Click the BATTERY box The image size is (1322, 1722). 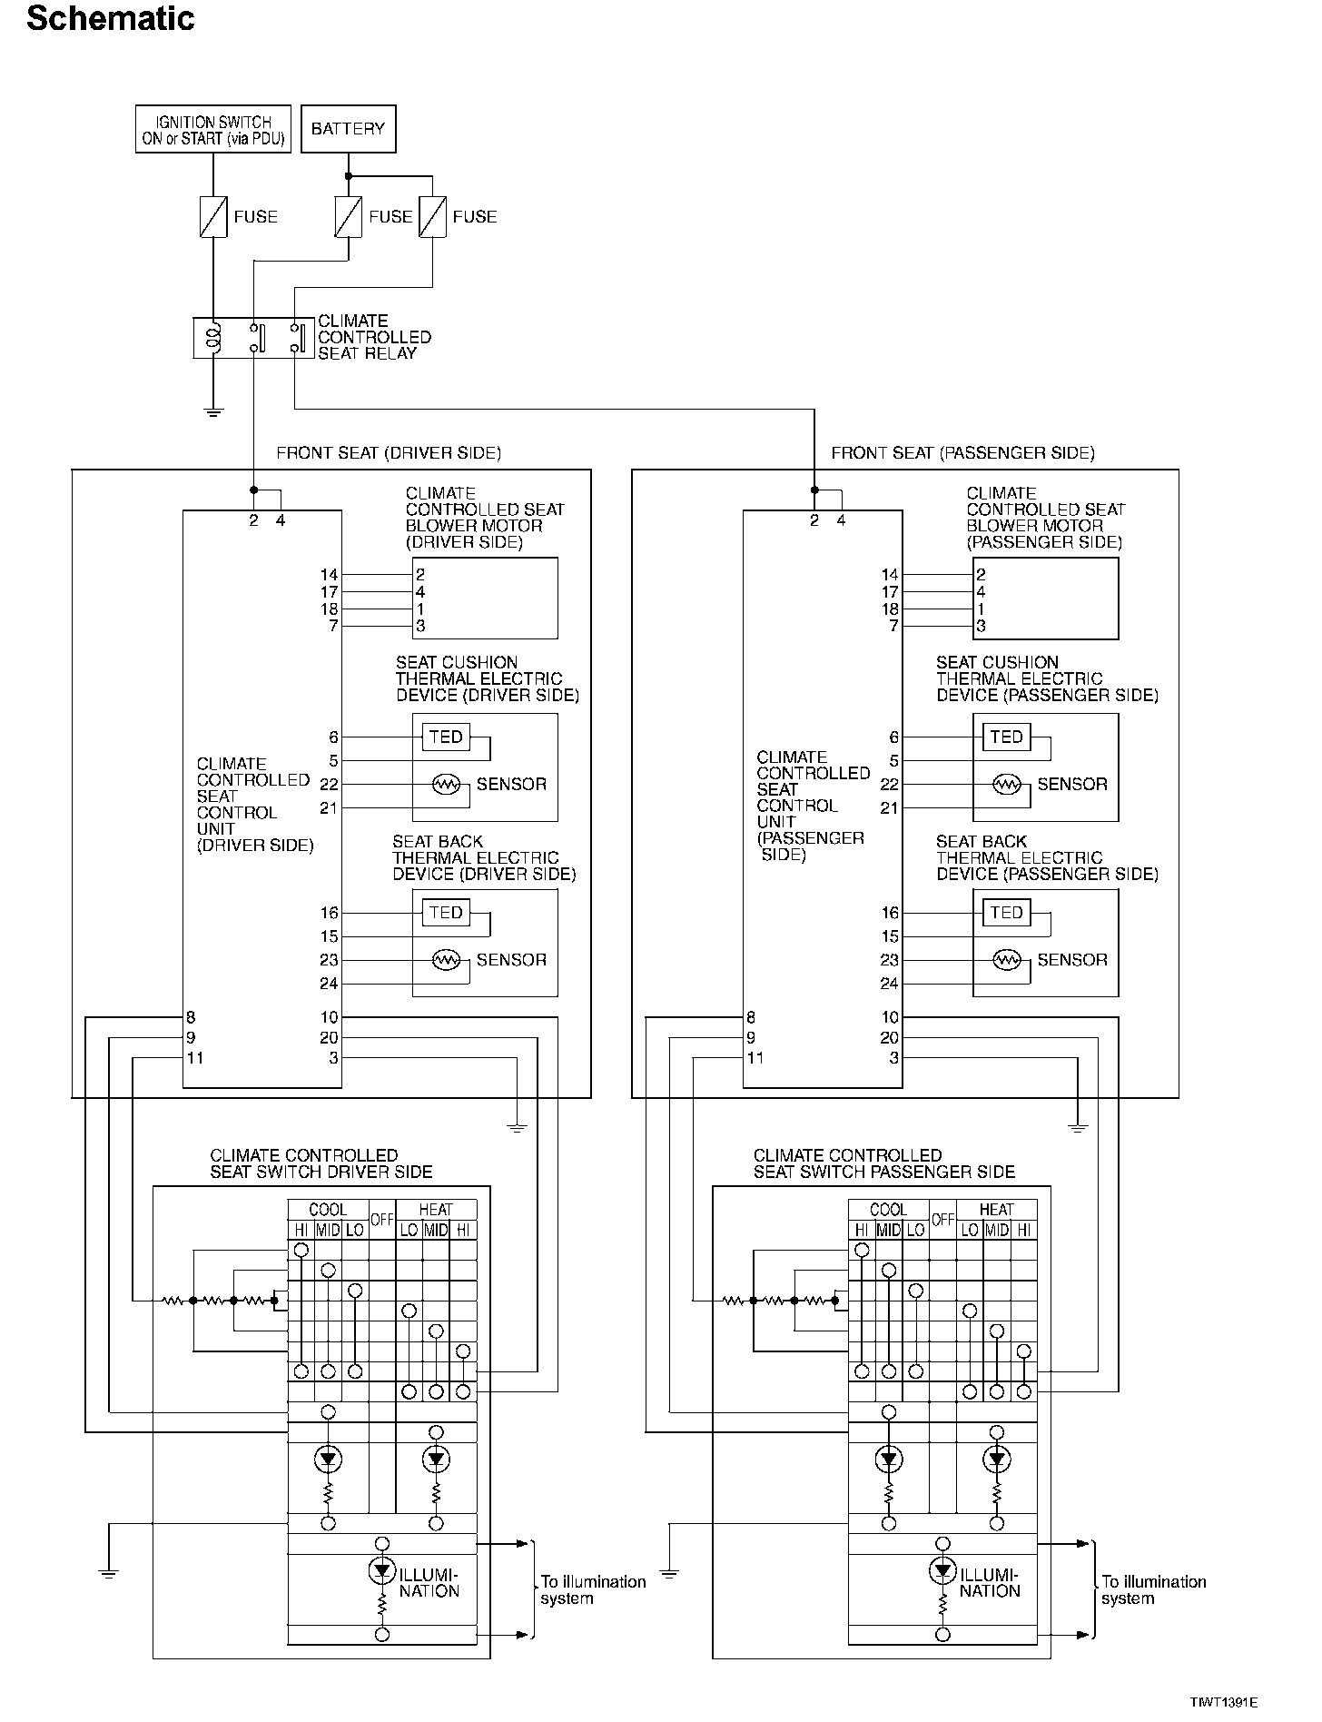tap(348, 128)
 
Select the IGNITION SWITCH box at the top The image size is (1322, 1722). tap(213, 129)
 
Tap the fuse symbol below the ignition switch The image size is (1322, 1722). tap(213, 217)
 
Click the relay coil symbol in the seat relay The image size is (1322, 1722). tap(213, 337)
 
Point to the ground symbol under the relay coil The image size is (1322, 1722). tap(213, 412)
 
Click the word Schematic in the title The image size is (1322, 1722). tap(111, 18)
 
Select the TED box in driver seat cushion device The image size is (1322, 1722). tap(446, 737)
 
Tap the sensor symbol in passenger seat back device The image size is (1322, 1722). tap(1006, 959)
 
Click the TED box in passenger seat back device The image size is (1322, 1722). tap(1006, 912)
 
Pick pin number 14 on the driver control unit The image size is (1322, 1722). tap(329, 574)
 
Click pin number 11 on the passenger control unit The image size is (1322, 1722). tap(755, 1057)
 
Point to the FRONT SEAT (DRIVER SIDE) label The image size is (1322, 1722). tap(389, 452)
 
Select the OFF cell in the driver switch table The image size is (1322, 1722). tap(382, 1220)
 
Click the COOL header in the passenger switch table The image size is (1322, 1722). tap(888, 1210)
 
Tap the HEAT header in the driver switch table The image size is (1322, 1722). tap(436, 1210)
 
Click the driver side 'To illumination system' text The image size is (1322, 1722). tap(593, 1589)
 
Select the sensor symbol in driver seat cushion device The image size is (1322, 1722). tap(446, 784)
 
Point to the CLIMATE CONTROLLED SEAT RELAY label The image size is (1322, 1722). tap(374, 337)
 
